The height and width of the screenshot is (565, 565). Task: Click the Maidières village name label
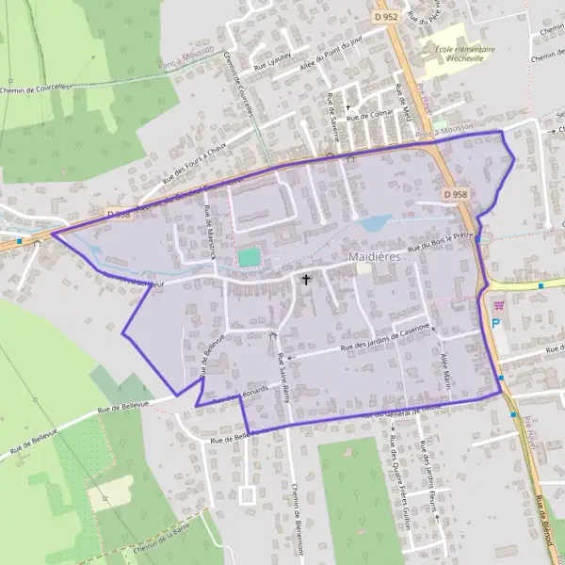(375, 256)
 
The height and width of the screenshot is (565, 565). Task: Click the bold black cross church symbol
(305, 280)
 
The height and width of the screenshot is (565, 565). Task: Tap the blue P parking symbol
(495, 323)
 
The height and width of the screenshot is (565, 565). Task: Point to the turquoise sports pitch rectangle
(248, 256)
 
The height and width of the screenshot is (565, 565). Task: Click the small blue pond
(375, 223)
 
